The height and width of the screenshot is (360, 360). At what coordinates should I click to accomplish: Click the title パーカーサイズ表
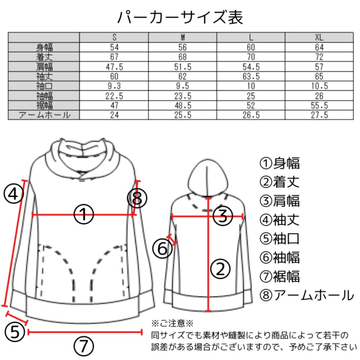coord(180,17)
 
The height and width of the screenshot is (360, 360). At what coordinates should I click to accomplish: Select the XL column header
coord(319,37)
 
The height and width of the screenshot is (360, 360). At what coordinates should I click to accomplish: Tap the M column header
coord(182,37)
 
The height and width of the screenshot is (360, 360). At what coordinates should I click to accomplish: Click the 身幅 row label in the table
coord(44,47)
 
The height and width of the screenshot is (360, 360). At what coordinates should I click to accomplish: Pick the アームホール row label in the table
coord(44,115)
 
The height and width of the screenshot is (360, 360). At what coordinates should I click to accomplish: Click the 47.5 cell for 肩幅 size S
coord(114,67)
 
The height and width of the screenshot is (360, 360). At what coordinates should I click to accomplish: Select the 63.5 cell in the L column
coord(251,76)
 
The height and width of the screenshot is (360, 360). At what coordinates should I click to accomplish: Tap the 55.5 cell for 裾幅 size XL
coord(319,105)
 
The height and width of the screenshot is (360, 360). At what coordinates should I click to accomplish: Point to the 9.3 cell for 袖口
coord(114,86)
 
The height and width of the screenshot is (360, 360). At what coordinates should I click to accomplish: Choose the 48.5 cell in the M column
coord(182,105)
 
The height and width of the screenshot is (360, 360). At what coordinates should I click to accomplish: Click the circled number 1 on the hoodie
coord(84,214)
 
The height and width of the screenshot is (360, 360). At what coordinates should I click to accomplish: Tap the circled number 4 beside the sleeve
coord(13,194)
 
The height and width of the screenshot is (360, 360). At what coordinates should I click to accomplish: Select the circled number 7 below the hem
coord(84,346)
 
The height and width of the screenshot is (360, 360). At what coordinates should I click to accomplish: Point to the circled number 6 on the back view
coord(163,249)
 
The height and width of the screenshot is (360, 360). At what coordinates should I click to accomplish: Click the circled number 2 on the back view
coord(220,269)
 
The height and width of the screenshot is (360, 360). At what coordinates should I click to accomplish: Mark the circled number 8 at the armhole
coord(137,199)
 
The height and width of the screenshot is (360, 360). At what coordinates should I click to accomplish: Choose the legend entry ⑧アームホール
coord(307,295)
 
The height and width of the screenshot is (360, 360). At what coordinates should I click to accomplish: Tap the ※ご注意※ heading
coord(173,323)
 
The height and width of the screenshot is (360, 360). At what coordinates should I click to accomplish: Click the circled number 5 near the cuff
coord(15,332)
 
